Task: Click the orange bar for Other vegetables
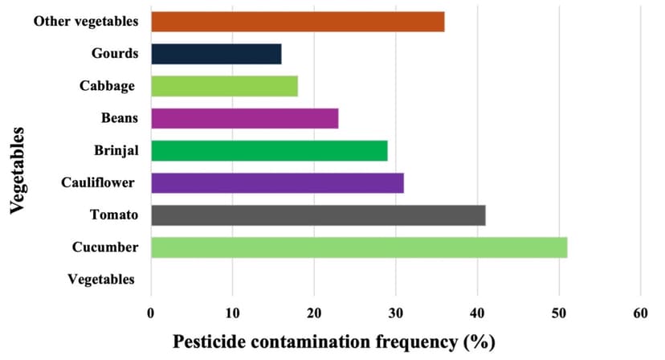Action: [297, 22]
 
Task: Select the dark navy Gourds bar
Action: [216, 54]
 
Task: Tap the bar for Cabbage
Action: [224, 86]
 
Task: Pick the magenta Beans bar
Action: [244, 118]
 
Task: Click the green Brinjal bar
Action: [269, 150]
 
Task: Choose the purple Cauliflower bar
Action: [277, 183]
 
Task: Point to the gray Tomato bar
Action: [318, 215]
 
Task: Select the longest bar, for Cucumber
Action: [359, 247]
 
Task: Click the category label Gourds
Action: [115, 54]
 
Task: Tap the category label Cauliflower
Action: [99, 183]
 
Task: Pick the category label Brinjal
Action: [116, 150]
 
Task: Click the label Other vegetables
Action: [85, 22]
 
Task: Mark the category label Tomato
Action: [114, 215]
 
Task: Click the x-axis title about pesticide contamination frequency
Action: [333, 342]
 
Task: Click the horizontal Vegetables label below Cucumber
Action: [100, 280]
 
